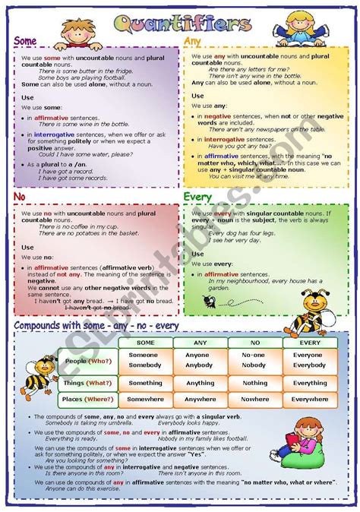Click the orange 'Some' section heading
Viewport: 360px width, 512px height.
[x=27, y=42]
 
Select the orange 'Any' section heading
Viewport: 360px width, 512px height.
[x=192, y=42]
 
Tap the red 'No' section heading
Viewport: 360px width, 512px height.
[x=21, y=197]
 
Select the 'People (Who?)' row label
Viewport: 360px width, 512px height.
[x=88, y=361]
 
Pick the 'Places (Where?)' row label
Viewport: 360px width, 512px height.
[x=88, y=399]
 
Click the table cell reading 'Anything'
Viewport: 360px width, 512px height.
[x=200, y=383]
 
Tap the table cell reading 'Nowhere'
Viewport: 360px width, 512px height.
[x=254, y=399]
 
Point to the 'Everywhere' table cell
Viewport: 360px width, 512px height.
[x=309, y=399]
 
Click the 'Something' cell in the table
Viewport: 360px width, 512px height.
[x=145, y=383]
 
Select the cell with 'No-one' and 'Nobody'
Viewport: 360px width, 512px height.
[x=254, y=360]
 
